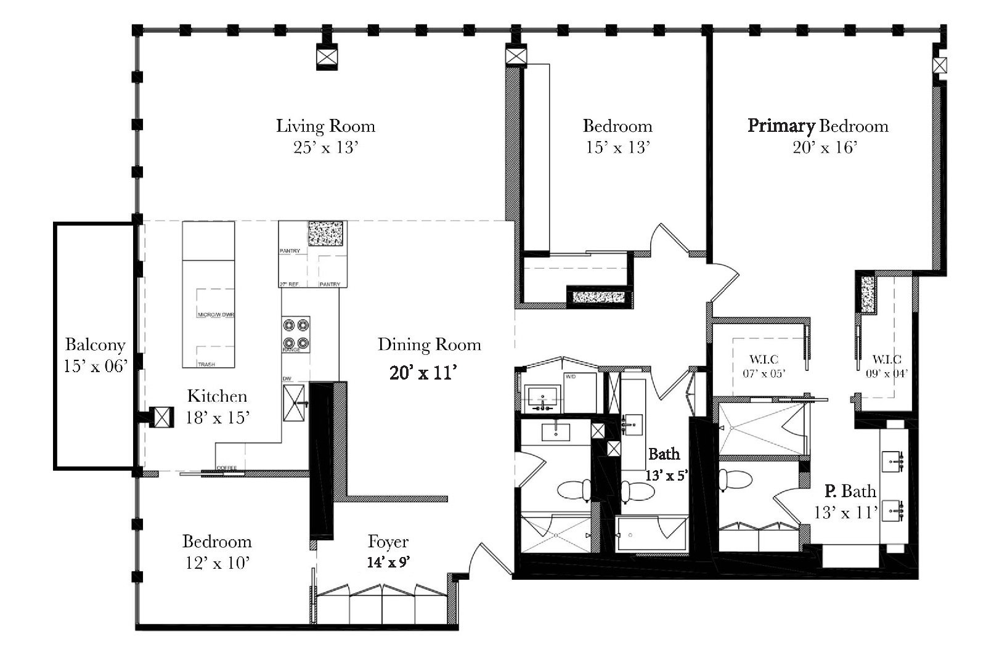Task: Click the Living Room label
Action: pos(325,126)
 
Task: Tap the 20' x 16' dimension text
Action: pos(825,147)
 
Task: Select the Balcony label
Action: pos(95,345)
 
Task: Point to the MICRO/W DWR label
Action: pos(216,315)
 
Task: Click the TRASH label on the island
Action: pos(206,364)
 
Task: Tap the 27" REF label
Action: pos(289,284)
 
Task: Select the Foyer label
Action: pos(388,542)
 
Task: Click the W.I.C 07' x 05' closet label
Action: pos(764,366)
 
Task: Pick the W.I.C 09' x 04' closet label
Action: pos(887,366)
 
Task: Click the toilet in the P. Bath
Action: pos(736,479)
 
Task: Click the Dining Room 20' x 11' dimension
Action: pos(423,373)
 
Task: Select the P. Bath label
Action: pos(850,491)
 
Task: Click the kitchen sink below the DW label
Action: pos(294,402)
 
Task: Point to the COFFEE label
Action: pos(226,468)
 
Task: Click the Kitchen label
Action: pos(217,396)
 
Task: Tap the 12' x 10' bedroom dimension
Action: pos(217,563)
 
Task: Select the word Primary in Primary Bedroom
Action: pos(781,126)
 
